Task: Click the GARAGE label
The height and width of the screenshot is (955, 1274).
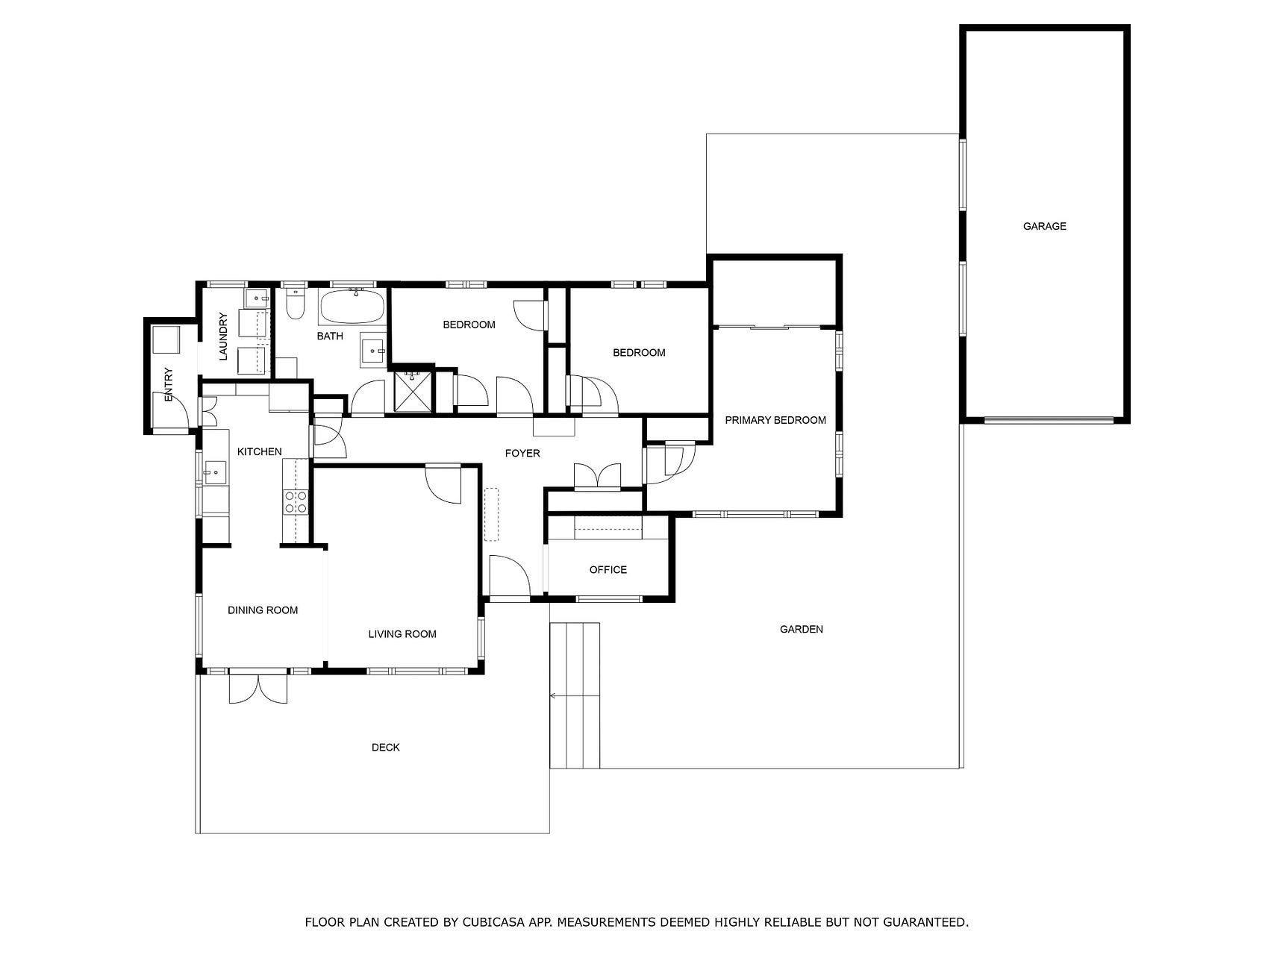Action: [x=1044, y=226]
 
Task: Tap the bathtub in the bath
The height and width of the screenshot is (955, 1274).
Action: [x=352, y=306]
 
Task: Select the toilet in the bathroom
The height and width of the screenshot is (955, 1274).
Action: [x=296, y=304]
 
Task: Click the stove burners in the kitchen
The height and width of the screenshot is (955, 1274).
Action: [x=296, y=501]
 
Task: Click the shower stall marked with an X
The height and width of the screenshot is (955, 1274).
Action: [x=413, y=391]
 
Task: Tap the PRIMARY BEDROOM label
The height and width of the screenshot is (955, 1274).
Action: [x=775, y=420]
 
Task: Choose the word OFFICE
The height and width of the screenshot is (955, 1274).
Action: [x=608, y=570]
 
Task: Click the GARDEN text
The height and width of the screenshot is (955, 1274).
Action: [x=802, y=629]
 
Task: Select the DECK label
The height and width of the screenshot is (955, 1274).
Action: [x=386, y=747]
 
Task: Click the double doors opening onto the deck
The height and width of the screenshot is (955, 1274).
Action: [x=257, y=688]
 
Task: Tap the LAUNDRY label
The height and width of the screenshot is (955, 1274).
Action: [x=223, y=336]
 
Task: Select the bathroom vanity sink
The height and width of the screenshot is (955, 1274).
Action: [x=374, y=349]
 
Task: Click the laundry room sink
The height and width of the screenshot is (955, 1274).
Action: [x=257, y=298]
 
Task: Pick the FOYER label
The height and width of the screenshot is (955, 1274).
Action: [x=522, y=453]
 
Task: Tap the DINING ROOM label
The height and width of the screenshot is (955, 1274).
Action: [x=263, y=610]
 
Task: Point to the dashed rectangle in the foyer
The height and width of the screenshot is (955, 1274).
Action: [x=491, y=514]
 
